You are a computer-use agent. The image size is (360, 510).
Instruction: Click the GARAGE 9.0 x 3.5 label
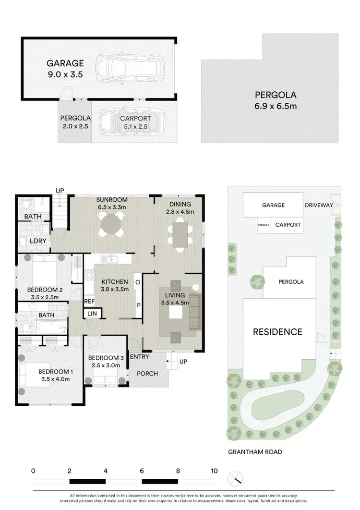point(65,69)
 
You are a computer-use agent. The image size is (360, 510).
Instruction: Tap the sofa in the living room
point(194,313)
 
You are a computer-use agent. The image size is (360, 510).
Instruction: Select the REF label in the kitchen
point(89,301)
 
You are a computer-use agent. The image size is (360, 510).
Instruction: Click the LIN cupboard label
point(91,314)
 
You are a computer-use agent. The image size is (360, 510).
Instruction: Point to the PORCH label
point(147,374)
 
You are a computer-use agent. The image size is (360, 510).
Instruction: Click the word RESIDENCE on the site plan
point(278,332)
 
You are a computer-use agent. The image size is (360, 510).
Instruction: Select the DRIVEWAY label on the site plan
point(318,206)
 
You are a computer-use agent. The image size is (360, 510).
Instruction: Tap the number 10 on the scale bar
point(214,471)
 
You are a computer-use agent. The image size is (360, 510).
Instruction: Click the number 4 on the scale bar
point(105,471)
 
